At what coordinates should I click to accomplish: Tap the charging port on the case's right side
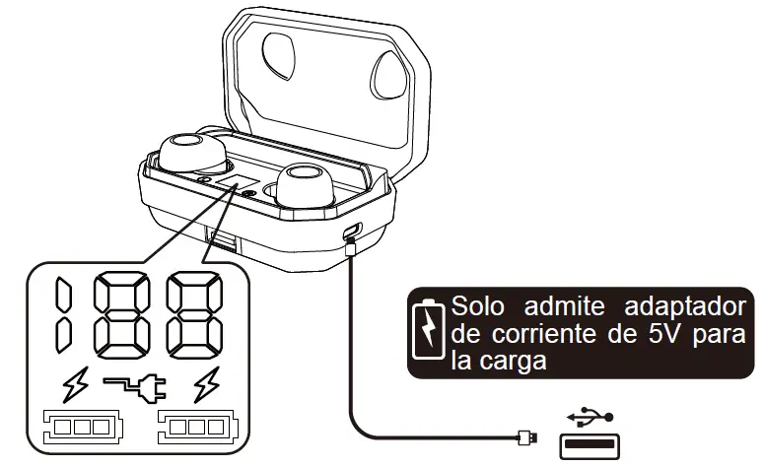coord(353,233)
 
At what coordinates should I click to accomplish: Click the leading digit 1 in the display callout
coord(63,316)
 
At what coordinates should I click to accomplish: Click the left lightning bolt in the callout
coord(75,387)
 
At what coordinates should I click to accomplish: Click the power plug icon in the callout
coord(139,390)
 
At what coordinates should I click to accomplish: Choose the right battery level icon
coord(198,429)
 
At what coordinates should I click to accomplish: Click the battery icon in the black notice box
coord(429,328)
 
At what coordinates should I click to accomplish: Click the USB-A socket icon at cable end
coord(591,446)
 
